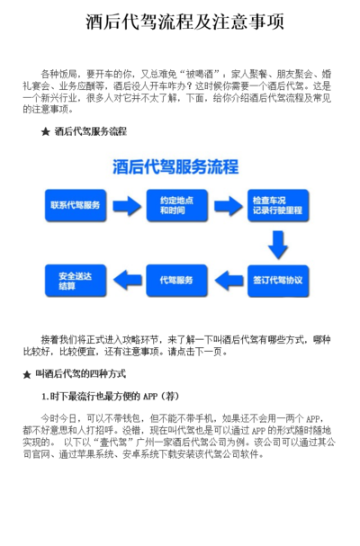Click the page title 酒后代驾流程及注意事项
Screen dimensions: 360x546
184,22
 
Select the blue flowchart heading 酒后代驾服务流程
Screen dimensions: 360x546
175,166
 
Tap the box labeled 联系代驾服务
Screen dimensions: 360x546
76,205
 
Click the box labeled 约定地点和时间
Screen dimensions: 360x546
177,205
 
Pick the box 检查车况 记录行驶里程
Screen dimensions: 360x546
278,205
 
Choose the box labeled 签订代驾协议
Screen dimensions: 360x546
278,281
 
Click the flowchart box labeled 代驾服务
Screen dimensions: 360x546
177,281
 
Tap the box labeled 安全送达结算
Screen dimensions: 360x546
76,281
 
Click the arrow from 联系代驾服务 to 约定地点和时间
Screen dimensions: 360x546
127,206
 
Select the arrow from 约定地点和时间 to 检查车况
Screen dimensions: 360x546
228,206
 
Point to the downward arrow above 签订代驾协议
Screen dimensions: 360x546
278,245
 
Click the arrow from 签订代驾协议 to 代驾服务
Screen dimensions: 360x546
229,281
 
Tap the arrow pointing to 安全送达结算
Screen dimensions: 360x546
128,281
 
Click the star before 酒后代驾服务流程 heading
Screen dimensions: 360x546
45,132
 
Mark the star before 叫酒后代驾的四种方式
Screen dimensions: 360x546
27,375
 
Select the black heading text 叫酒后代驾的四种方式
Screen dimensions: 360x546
80,374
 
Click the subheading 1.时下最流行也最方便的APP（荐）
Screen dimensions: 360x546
110,397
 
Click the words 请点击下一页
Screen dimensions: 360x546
195,352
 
